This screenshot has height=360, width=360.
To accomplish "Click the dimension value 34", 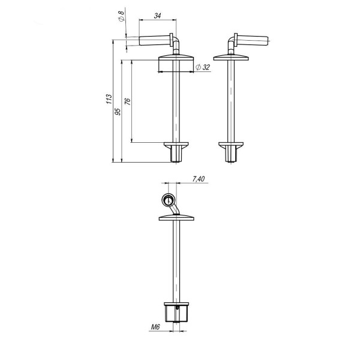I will click(157, 16).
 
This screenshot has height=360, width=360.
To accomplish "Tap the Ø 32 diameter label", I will click(204, 67).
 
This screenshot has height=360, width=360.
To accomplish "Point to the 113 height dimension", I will click(108, 100).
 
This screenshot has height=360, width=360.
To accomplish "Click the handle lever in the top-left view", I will click(154, 41).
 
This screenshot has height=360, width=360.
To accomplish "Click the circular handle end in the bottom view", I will click(169, 200).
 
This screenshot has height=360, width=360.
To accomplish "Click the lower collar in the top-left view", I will click(176, 145).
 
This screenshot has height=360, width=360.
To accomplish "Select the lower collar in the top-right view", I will click(232, 145).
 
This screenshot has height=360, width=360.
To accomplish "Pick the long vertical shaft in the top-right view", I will click(232, 102).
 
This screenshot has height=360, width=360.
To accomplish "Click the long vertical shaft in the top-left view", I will click(176, 102).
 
